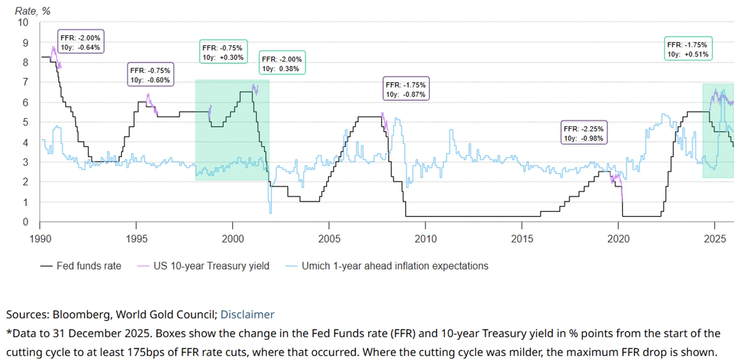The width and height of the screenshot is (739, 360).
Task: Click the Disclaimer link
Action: [x=247, y=314]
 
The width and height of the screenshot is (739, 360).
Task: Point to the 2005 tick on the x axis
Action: [x=329, y=239]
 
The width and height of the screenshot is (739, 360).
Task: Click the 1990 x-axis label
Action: [x=40, y=239]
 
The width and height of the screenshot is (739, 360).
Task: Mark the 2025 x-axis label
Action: [x=715, y=239]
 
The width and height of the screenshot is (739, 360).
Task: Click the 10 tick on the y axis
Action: [x=23, y=22]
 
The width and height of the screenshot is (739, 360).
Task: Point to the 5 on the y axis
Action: [x=25, y=122]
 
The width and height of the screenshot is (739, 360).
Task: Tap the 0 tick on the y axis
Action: [x=25, y=222]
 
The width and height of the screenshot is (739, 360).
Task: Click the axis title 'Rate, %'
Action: [x=32, y=11]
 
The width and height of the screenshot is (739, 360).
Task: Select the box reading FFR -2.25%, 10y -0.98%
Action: [x=584, y=133]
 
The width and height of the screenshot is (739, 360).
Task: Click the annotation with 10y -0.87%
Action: [x=406, y=89]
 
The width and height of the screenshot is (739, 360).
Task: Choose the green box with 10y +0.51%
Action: [x=688, y=49]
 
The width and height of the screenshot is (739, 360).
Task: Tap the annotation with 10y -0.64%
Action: [x=80, y=42]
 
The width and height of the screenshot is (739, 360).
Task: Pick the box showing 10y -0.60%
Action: [x=150, y=75]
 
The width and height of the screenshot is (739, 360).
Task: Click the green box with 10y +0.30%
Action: [x=223, y=52]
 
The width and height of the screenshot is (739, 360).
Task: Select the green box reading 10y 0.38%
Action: [x=282, y=63]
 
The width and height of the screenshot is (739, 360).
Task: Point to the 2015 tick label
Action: [x=522, y=239]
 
